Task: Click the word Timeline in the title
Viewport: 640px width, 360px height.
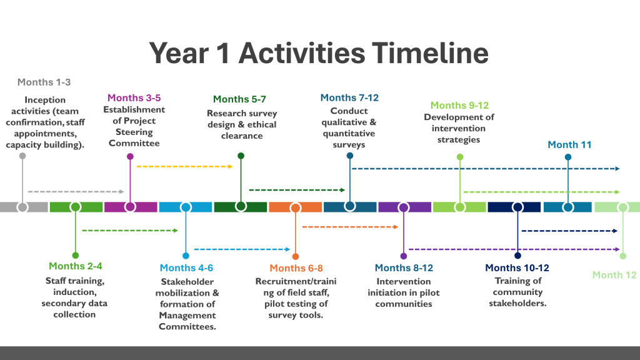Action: pos(430,53)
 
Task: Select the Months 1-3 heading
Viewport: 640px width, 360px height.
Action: pos(44,82)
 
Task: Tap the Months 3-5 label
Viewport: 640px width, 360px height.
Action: pos(134,98)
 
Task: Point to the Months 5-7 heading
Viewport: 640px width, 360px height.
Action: pos(239,99)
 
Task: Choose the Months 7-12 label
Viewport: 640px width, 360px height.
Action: pos(349,98)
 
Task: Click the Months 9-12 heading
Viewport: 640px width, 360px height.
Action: pos(459,105)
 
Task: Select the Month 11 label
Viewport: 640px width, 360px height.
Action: pos(569,144)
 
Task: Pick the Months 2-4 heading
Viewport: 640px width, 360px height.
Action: pos(76,266)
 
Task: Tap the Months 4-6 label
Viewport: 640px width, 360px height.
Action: pos(186,267)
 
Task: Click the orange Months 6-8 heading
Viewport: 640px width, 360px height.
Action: pos(296,268)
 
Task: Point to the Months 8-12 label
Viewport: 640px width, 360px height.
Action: pos(404,267)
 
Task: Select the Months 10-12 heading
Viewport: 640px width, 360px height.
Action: pos(517,267)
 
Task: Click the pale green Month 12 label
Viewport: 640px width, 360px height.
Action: pos(614,275)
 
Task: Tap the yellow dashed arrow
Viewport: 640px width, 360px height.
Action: pos(184,166)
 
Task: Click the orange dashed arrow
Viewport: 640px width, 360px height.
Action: pos(350,227)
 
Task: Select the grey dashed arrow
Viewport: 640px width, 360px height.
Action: pos(76,191)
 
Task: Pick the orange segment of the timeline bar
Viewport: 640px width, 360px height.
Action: pos(295,207)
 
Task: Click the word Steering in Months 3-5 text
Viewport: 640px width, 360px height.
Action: pos(134,132)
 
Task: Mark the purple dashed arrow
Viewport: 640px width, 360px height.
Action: pos(514,249)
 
